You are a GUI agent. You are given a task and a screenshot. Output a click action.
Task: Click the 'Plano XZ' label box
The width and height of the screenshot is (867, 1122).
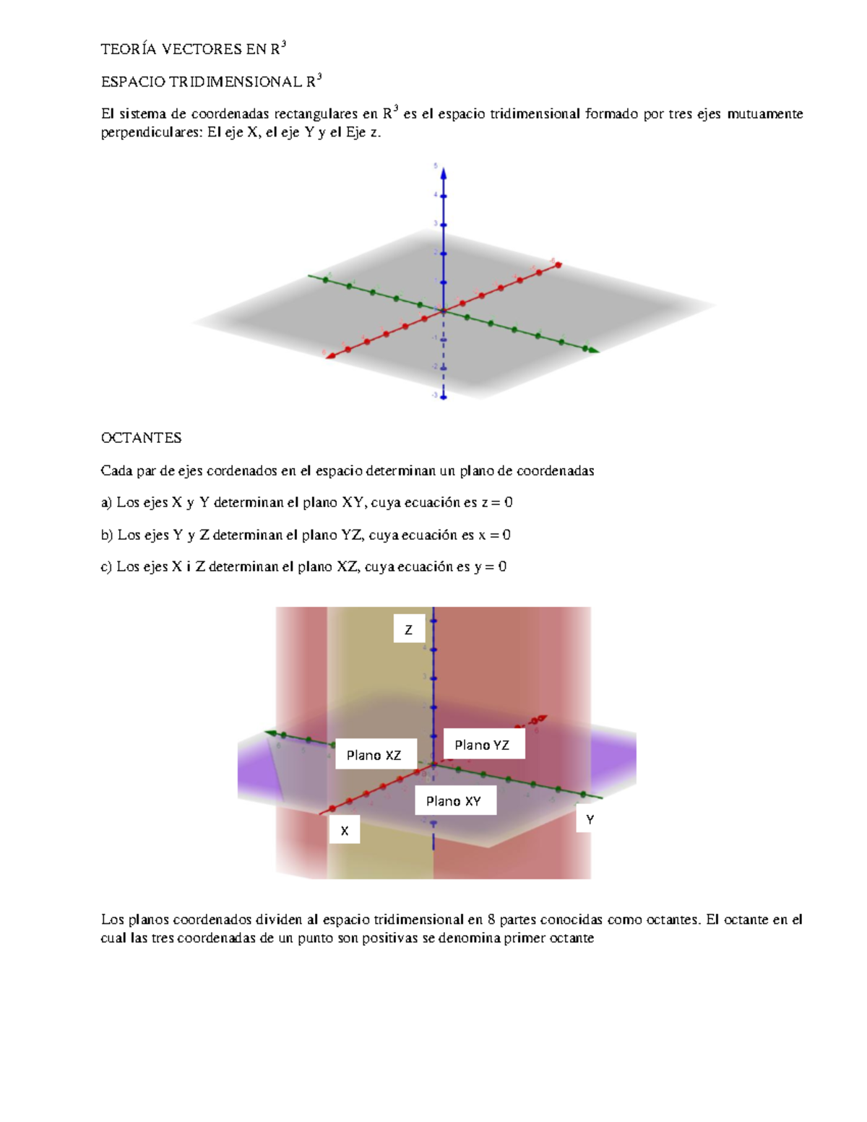(x=375, y=754)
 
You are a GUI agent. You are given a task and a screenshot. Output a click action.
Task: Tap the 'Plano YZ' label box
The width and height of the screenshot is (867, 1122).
(x=483, y=744)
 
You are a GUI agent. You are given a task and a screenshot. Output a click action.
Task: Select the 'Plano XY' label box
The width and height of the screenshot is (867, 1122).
(x=454, y=800)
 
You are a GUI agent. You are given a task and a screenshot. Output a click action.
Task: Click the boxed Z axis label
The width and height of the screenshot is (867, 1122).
(x=408, y=629)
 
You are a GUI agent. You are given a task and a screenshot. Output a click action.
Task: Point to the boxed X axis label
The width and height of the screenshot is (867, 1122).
(x=345, y=830)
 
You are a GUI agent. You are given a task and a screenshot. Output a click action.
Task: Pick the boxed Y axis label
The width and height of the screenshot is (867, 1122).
(x=590, y=819)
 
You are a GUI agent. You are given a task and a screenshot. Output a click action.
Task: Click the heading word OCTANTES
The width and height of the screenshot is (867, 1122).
(x=141, y=438)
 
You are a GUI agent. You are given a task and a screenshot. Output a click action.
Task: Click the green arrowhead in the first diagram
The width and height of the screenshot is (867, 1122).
(x=593, y=350)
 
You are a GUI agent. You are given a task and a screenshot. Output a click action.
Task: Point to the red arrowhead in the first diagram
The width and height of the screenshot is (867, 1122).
(x=329, y=355)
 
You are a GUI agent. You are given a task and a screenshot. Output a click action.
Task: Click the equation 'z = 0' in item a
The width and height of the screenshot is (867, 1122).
(x=497, y=502)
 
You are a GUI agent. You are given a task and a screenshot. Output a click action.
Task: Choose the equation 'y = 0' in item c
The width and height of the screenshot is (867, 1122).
(x=491, y=566)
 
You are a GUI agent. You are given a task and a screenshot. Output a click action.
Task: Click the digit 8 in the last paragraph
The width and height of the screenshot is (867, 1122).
(x=491, y=920)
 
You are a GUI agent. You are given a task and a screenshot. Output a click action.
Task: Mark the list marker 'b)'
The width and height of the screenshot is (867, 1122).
(x=107, y=535)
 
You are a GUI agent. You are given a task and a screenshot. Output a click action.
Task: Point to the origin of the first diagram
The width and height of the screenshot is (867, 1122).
(x=444, y=311)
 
